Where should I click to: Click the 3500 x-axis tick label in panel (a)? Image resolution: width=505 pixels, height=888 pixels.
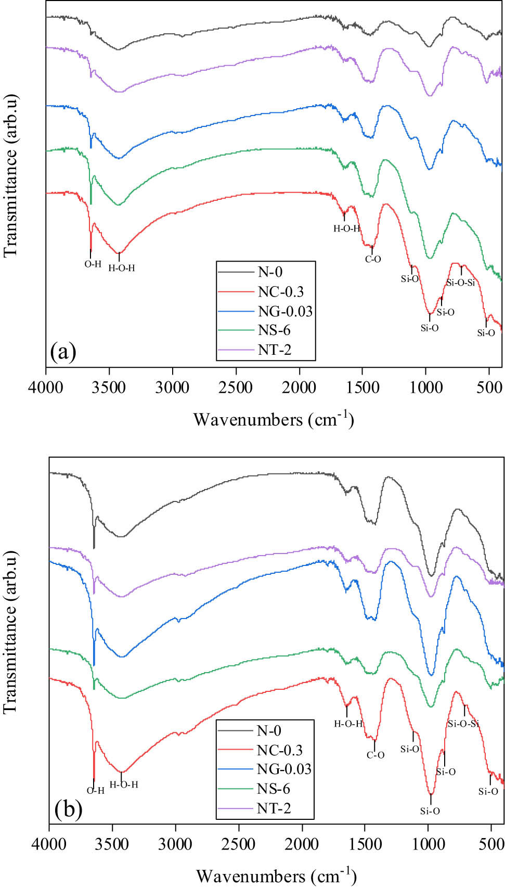point(109,388)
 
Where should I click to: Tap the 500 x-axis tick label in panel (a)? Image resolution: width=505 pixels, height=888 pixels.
point(489,388)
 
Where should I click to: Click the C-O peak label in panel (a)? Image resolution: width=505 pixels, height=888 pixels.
point(373,259)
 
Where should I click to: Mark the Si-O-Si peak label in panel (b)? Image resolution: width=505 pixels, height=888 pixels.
point(463,724)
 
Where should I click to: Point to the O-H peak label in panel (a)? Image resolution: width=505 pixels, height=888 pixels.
point(93,264)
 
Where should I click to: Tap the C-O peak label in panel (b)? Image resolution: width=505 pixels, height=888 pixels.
point(375,755)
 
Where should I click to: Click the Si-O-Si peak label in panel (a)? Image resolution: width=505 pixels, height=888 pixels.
point(461,283)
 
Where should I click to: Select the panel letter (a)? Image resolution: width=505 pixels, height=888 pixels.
point(63,352)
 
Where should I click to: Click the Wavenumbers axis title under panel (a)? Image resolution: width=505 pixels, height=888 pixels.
point(274,419)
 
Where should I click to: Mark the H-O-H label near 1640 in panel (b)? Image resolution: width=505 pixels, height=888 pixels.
point(348,724)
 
